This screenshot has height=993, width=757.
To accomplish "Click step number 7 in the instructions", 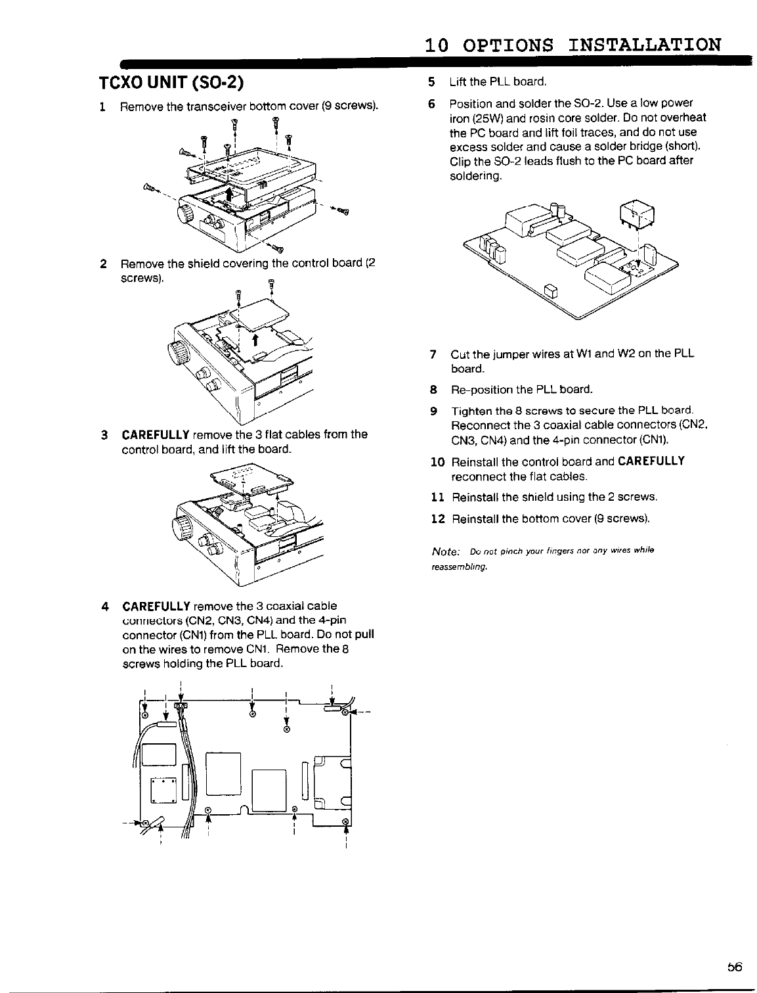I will (433, 355).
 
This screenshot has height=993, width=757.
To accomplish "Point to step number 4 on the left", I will (104, 605).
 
